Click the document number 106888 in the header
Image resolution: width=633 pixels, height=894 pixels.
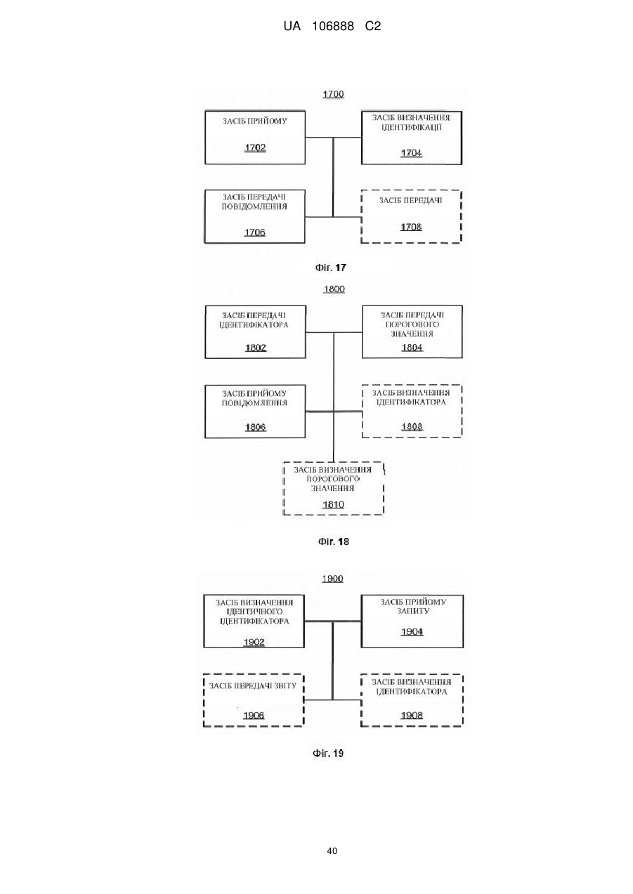(x=333, y=27)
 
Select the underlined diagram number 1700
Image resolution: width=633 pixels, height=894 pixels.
(x=333, y=94)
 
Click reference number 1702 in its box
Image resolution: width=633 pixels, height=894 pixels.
(x=255, y=147)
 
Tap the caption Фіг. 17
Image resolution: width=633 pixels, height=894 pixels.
(x=331, y=268)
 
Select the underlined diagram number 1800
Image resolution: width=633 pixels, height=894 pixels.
(x=334, y=289)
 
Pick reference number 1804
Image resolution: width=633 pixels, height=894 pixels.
(x=412, y=348)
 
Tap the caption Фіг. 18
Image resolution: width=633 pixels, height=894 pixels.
(x=333, y=541)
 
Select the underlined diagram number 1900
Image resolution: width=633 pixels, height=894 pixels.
(x=333, y=579)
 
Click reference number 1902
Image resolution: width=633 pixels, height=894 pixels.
(x=254, y=642)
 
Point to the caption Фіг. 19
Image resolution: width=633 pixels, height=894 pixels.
(x=328, y=754)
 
